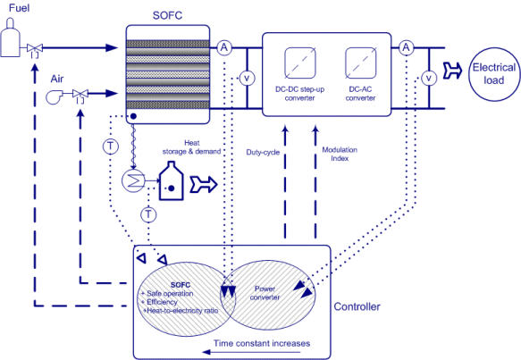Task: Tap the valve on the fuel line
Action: pos(35,49)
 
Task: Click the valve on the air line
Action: pos(80,95)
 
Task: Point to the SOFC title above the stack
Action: pos(167,15)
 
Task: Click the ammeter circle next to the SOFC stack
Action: pos(224,47)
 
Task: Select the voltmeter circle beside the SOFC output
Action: pos(247,79)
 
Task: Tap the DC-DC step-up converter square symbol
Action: pos(300,63)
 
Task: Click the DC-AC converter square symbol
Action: pos(361,63)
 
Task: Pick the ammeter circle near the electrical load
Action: pos(406,47)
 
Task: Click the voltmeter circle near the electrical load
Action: pos(429,79)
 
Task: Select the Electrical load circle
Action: pos(494,74)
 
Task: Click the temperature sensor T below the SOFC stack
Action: pos(111,146)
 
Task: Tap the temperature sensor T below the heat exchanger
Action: pos(148,213)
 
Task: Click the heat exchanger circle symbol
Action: pos(133,180)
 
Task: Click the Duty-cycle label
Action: pos(263,153)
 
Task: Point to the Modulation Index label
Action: pos(340,155)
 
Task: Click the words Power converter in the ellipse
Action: pos(265,293)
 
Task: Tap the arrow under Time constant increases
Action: pos(251,352)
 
